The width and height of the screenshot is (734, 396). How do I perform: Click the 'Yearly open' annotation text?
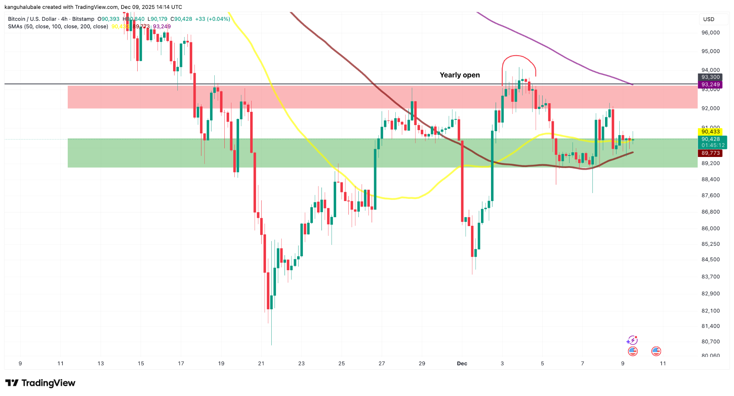459,75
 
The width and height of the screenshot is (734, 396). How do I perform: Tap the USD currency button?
709,19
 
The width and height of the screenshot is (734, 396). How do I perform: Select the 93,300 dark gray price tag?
710,77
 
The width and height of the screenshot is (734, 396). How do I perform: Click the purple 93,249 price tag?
710,85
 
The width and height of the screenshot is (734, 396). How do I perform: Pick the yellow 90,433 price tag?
710,132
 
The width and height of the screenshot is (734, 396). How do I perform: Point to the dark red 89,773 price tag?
710,153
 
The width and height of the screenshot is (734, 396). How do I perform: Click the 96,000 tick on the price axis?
710,33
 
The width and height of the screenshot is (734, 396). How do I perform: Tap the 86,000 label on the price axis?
710,228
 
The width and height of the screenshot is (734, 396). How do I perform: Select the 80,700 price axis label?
710,342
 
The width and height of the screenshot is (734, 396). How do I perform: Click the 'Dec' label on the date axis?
462,363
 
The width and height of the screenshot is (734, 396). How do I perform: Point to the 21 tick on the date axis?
261,363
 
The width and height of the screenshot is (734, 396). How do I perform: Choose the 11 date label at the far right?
663,363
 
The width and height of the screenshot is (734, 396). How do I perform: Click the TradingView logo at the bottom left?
40,383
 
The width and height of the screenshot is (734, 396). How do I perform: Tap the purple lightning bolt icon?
632,340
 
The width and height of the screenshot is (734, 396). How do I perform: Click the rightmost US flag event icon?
656,351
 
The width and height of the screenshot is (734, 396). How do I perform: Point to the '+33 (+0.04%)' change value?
213,19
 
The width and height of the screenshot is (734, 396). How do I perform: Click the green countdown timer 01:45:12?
713,145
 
